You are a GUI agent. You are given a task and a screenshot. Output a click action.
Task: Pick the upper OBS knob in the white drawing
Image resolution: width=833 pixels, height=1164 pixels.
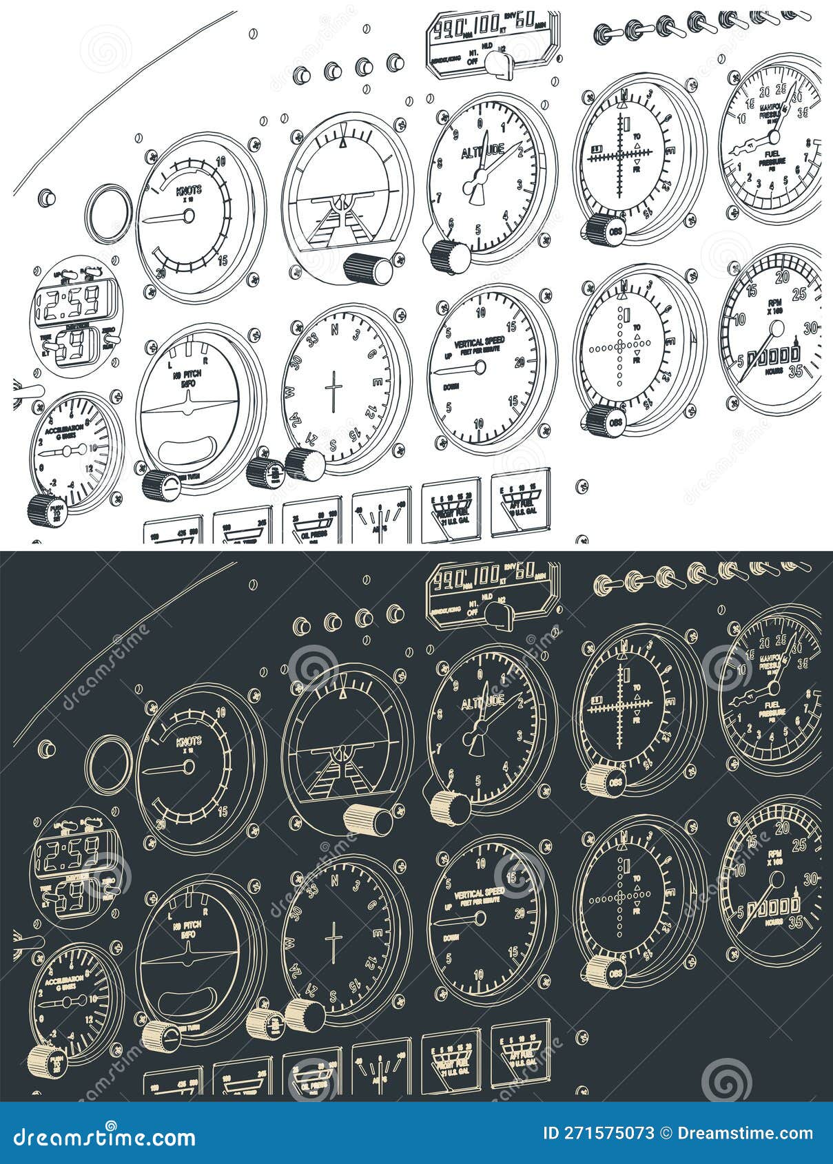pyautogui.click(x=606, y=230)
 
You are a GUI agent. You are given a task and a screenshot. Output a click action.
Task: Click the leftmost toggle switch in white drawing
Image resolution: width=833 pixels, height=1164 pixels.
pyautogui.click(x=604, y=32)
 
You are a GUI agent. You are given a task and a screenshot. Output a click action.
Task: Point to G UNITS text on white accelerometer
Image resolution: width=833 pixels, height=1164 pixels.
pyautogui.click(x=69, y=435)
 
